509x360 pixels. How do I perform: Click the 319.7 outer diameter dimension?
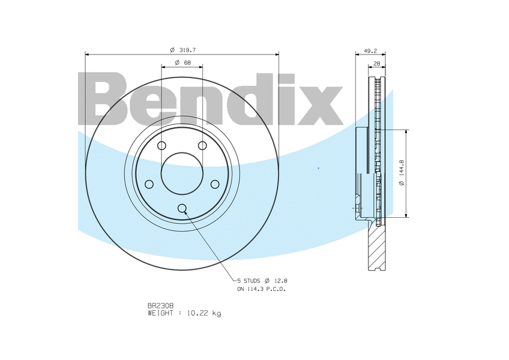[182, 50]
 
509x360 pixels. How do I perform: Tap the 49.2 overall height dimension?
[370, 50]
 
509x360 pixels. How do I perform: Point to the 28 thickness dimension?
[376, 64]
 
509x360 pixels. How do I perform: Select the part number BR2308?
[161, 306]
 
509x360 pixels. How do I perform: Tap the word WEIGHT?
[160, 313]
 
